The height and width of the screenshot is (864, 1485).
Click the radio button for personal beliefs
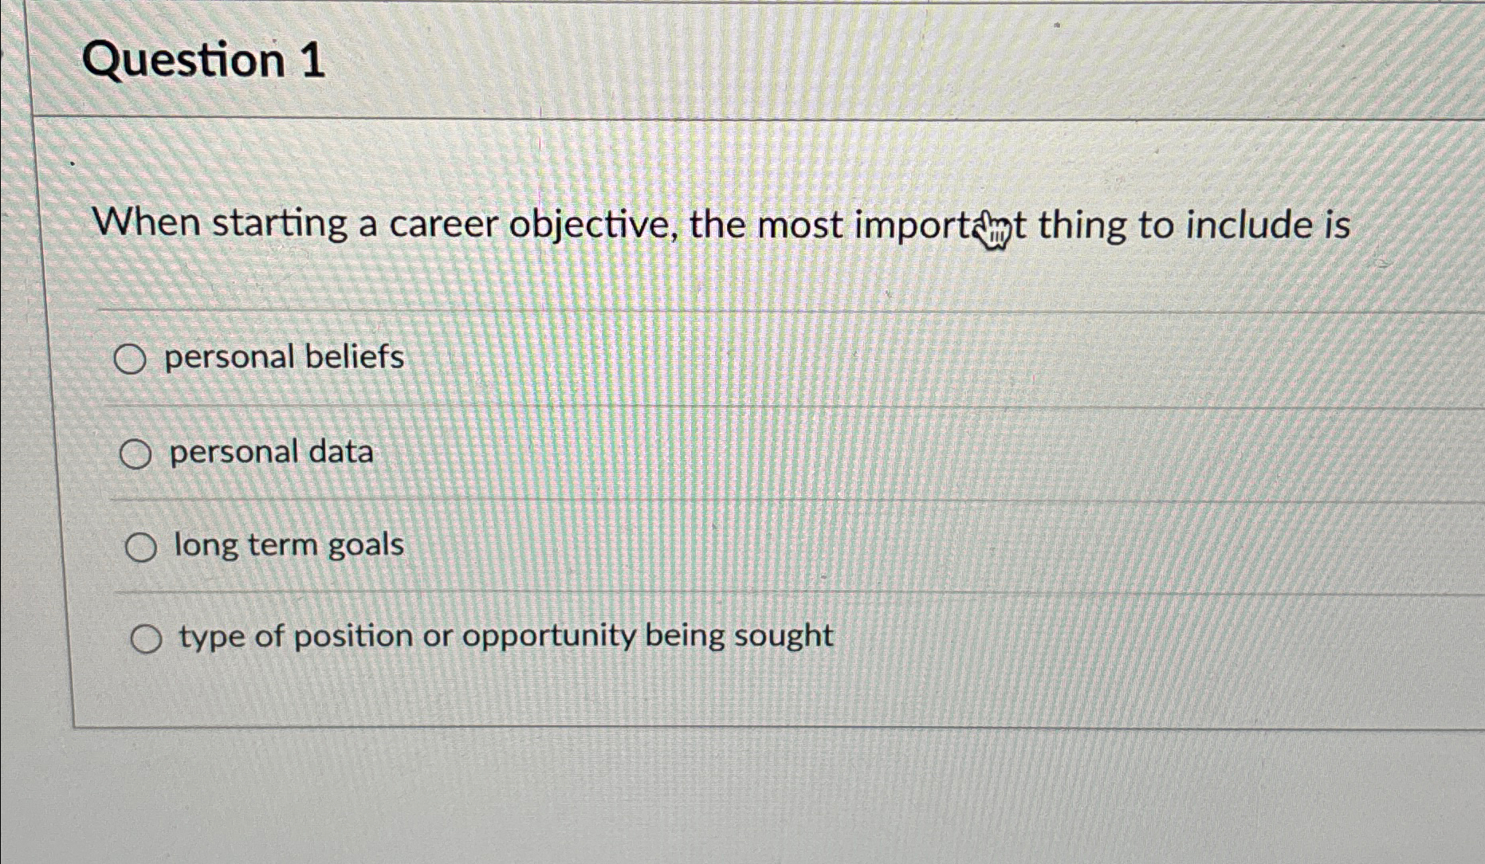pos(129,359)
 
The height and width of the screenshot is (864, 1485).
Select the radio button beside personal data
pos(135,455)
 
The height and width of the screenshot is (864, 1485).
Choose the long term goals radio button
pos(141,548)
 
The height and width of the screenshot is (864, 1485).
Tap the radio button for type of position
pos(146,639)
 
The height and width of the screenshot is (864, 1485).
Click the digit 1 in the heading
pos(312,61)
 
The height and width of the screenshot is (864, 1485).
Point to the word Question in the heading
pos(183,61)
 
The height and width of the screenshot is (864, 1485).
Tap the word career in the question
pos(442,225)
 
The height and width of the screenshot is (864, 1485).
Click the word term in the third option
pos(282,545)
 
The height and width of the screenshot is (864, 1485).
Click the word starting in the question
pos(280,224)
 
